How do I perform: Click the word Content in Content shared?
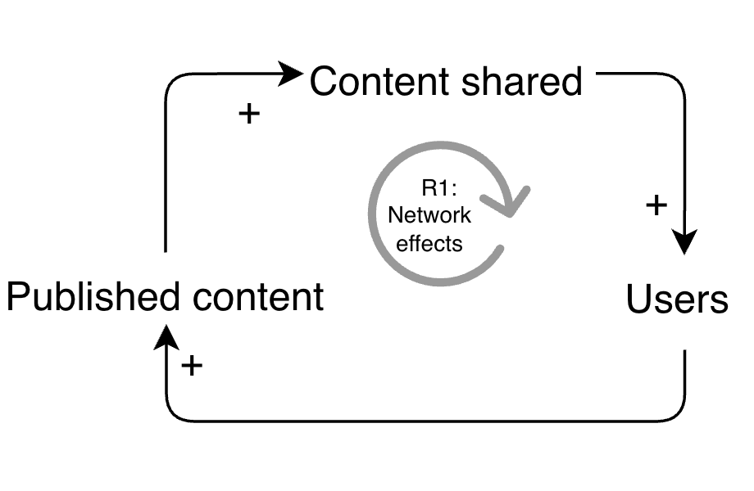[379, 82]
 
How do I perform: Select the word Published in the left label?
[93, 296]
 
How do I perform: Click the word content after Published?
[258, 296]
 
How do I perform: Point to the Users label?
[677, 300]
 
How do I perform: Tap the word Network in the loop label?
[429, 215]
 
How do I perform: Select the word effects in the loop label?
[429, 242]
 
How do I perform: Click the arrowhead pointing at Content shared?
[292, 74]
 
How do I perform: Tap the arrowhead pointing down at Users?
[684, 242]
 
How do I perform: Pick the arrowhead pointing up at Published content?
[166, 335]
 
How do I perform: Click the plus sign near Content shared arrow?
[248, 113]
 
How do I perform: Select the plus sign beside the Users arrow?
[656, 205]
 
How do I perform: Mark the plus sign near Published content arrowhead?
[191, 365]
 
